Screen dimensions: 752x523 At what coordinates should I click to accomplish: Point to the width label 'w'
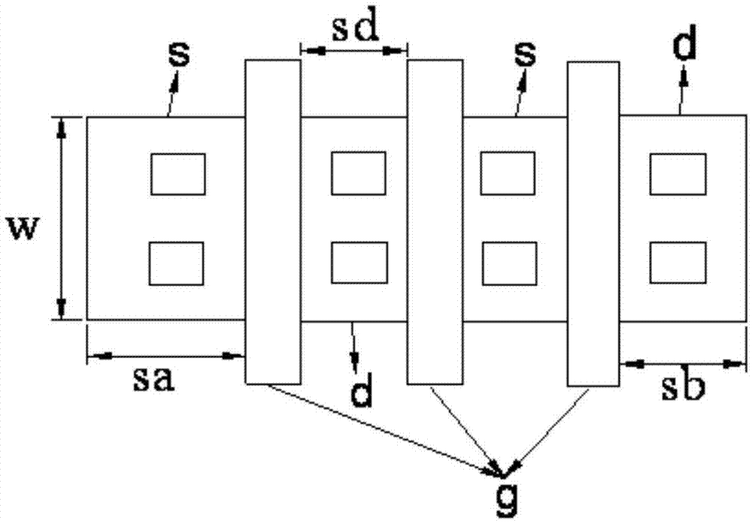[23, 230]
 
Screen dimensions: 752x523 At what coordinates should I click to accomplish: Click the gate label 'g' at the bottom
[507, 502]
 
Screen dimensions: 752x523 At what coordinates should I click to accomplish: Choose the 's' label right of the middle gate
[526, 54]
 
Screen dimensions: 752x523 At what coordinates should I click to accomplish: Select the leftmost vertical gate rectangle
[273, 222]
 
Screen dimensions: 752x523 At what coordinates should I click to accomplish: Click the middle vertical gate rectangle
[435, 222]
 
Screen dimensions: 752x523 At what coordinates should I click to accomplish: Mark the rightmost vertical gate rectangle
[593, 223]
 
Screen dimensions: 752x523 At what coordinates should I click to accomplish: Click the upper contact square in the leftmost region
[178, 174]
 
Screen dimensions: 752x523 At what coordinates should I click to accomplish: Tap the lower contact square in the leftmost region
[177, 263]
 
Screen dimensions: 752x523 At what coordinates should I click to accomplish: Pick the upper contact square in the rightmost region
[678, 174]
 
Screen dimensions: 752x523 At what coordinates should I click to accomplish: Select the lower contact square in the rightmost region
[678, 263]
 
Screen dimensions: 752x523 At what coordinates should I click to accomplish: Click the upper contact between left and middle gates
[358, 173]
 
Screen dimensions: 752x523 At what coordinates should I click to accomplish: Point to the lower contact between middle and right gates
[509, 263]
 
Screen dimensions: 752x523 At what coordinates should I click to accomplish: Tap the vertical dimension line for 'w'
[62, 218]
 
